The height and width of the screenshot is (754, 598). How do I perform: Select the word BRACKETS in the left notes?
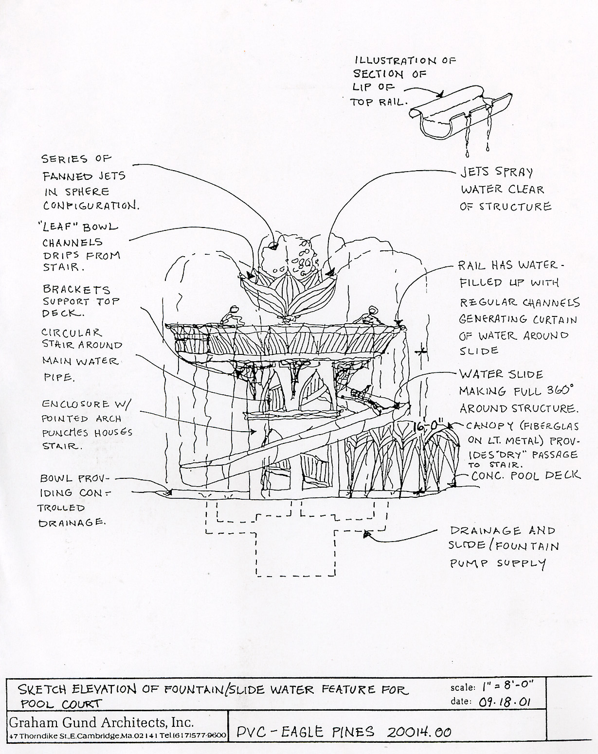point(76,289)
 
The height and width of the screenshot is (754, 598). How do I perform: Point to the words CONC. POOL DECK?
point(526,475)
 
